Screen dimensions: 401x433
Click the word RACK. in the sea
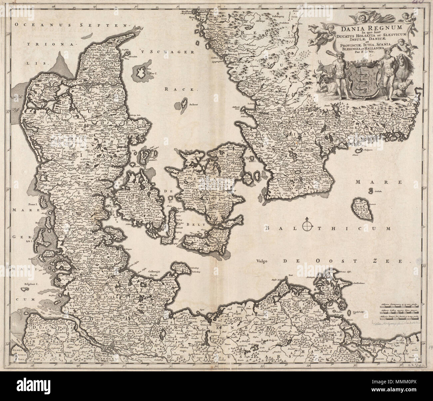click(177, 89)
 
